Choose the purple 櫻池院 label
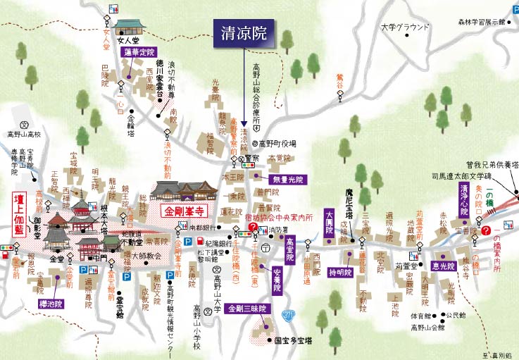(x=54, y=304)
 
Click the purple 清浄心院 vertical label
(x=463, y=199)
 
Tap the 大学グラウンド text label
(x=404, y=27)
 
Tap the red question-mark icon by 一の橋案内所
(x=488, y=229)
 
